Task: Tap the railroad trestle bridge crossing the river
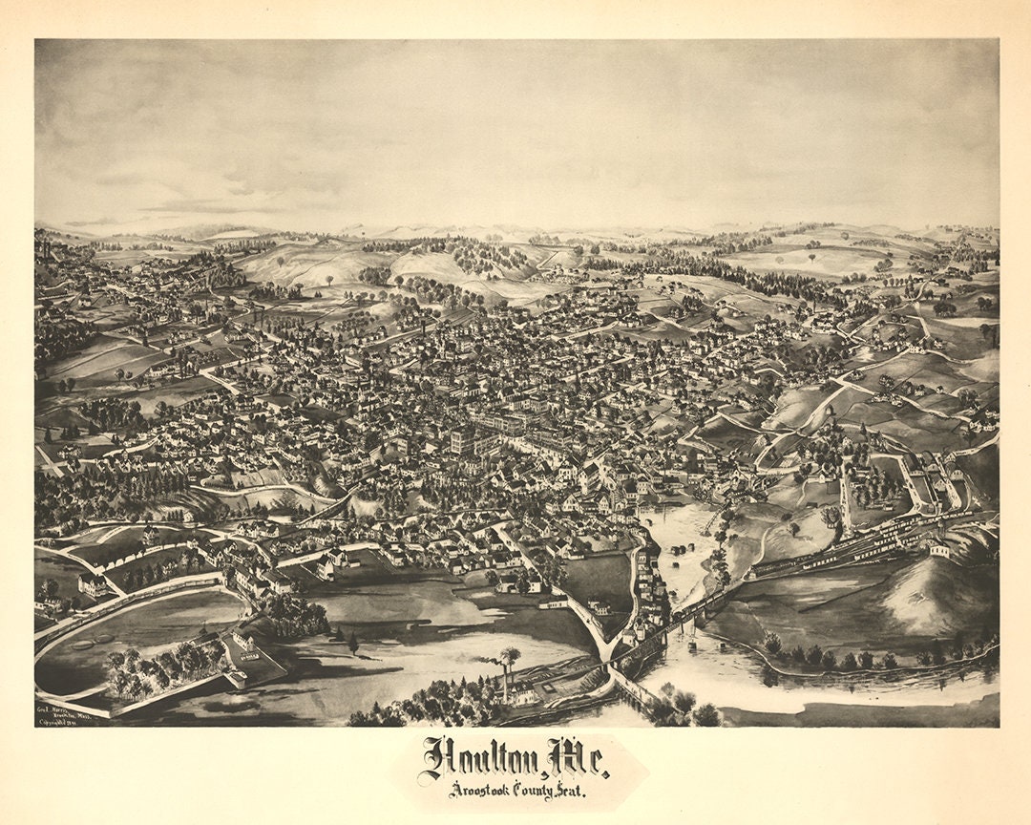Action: coord(687,621)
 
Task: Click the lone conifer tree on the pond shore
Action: coord(353,643)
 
